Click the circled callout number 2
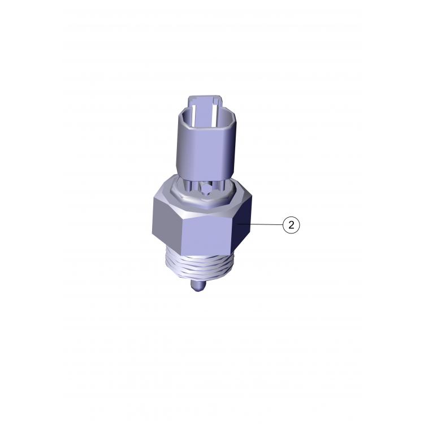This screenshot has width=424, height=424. [291, 224]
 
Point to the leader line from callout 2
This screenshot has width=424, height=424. [259, 224]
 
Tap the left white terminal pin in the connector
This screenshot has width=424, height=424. [193, 115]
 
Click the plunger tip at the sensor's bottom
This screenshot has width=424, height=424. [198, 285]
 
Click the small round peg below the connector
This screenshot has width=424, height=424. [206, 188]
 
